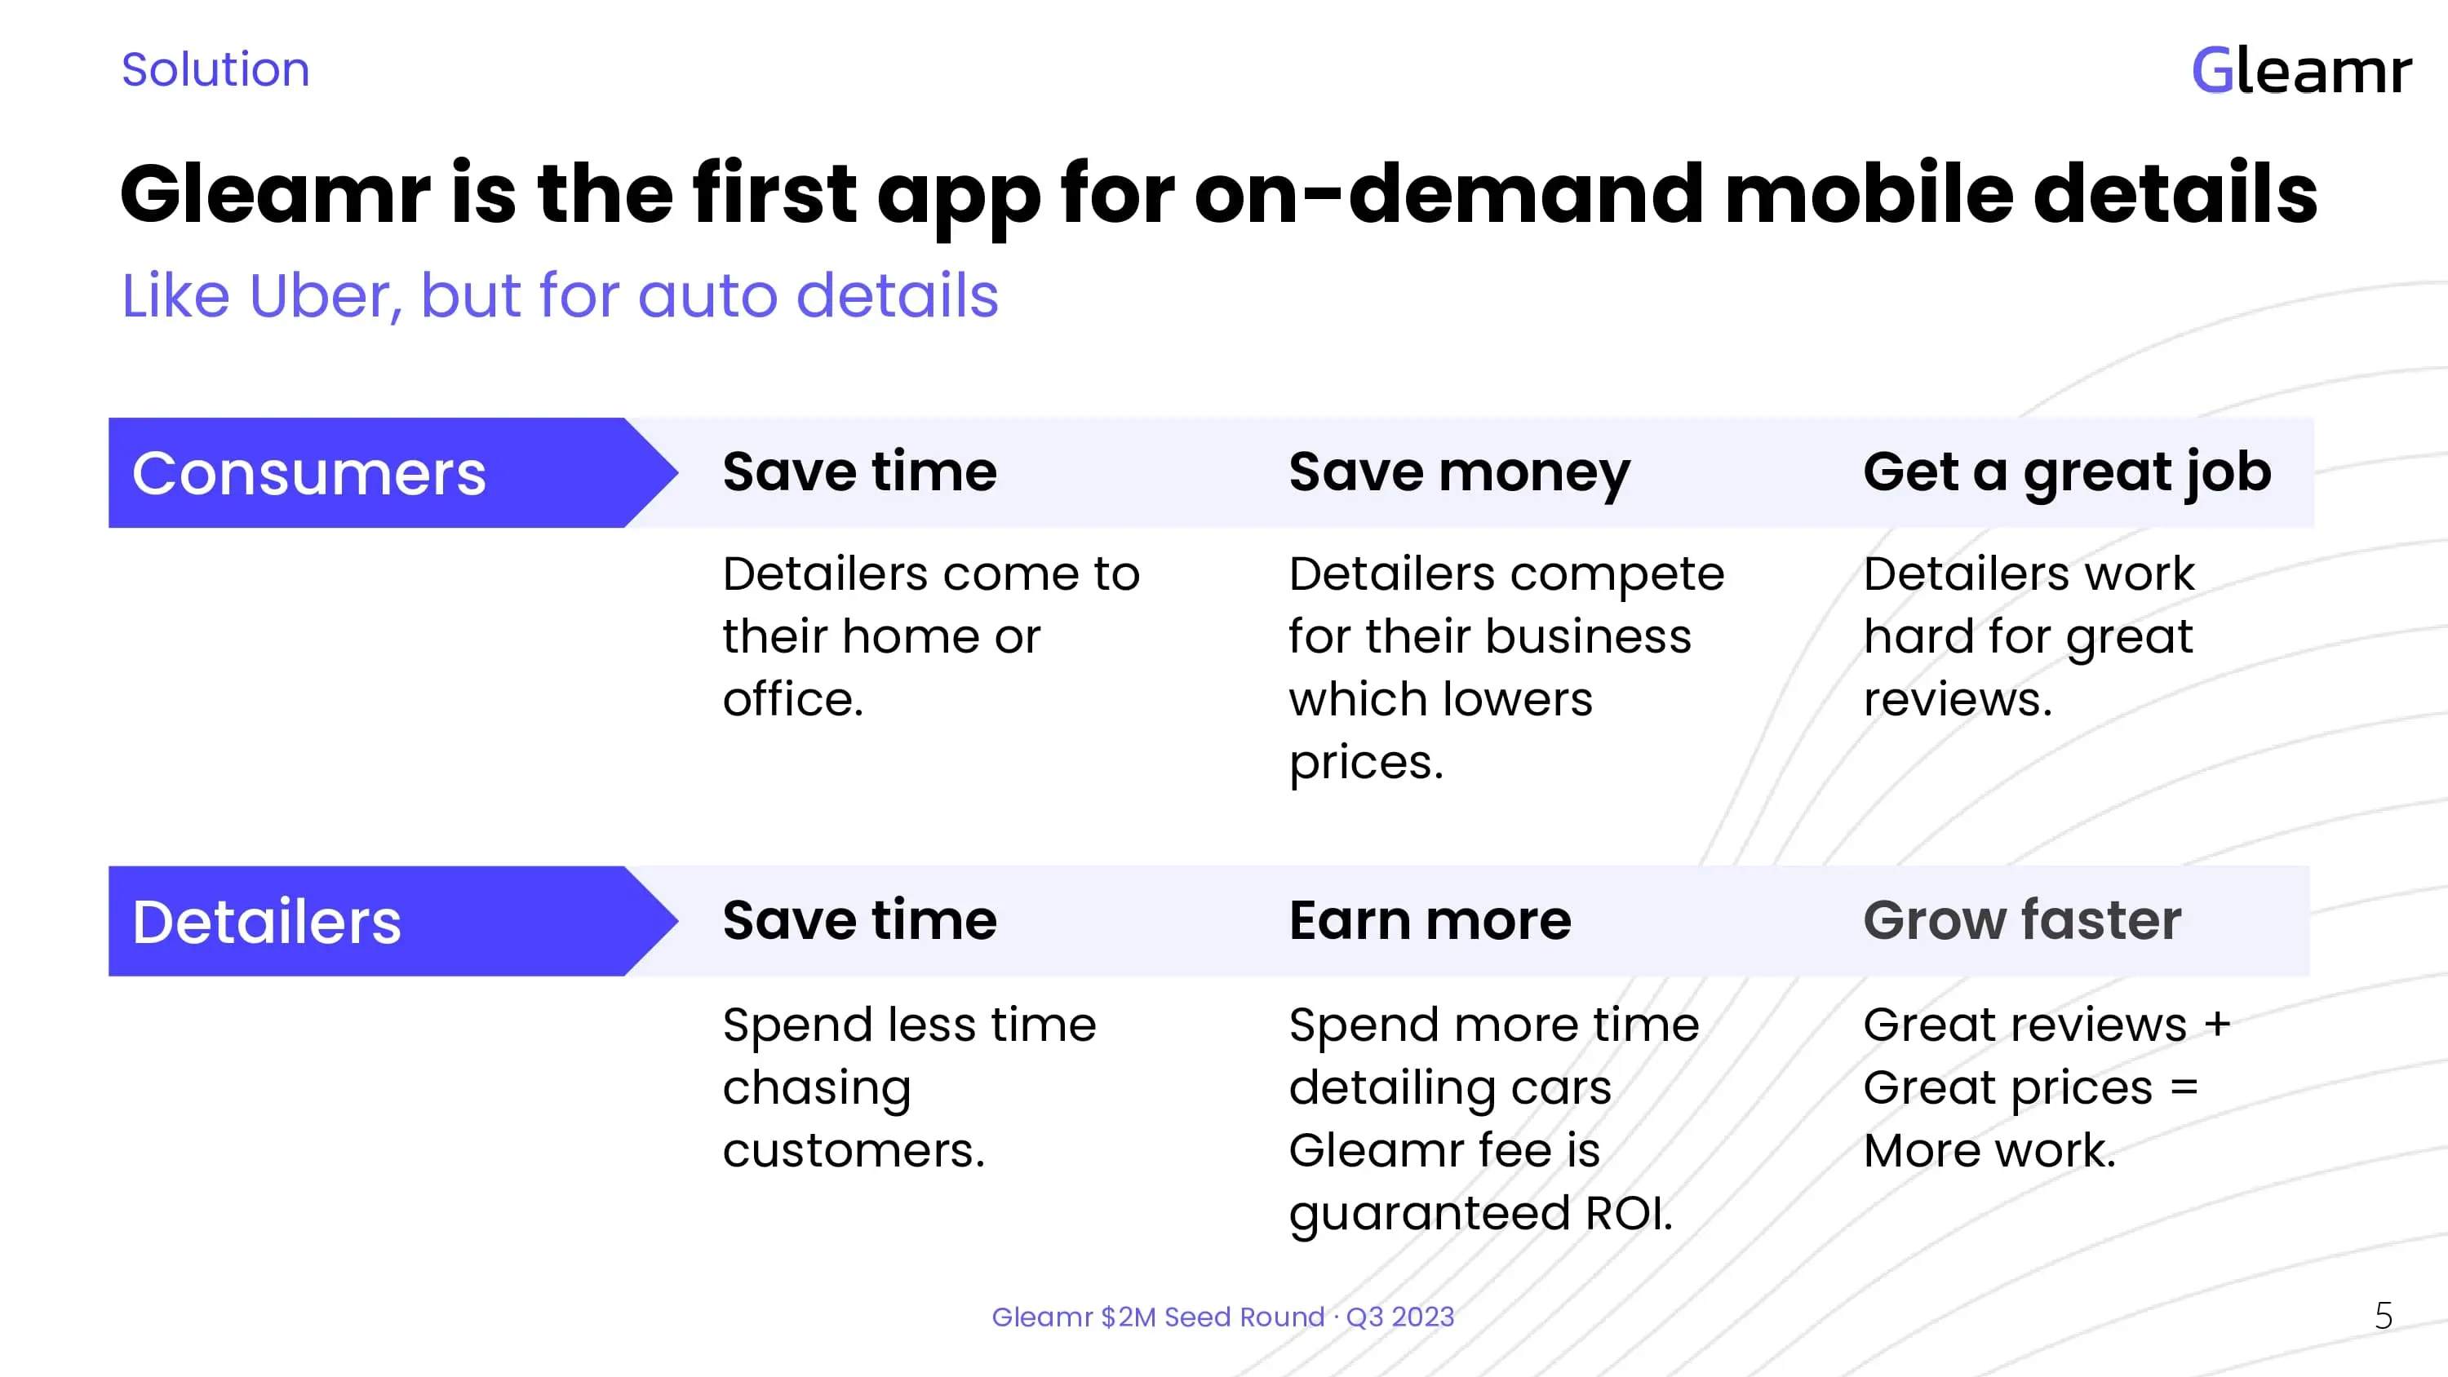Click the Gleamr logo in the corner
[2300, 70]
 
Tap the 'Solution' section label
[215, 69]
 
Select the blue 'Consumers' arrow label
[393, 472]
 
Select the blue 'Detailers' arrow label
[393, 921]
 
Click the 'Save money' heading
[1460, 473]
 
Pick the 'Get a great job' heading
[2067, 473]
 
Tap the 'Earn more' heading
[1430, 921]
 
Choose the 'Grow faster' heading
[2022, 921]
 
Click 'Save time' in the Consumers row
[860, 472]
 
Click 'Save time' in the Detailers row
[860, 921]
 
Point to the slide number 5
[2384, 1316]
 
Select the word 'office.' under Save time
[792, 699]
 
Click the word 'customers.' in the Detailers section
[854, 1151]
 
